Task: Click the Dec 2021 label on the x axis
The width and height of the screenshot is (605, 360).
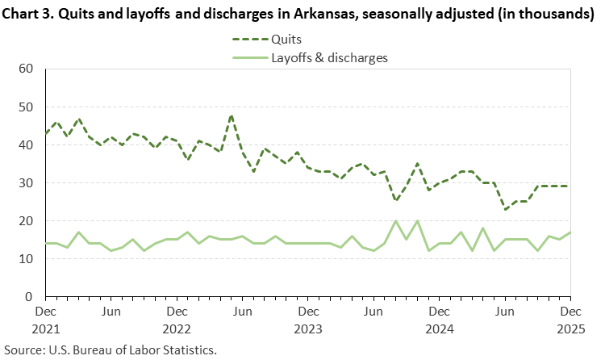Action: click(45, 319)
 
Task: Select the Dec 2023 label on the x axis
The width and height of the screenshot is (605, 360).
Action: click(307, 319)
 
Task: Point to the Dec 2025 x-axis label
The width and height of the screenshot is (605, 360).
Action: click(570, 319)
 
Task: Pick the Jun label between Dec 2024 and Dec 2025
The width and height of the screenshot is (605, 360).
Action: click(505, 310)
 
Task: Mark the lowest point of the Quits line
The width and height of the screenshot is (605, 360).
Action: click(505, 210)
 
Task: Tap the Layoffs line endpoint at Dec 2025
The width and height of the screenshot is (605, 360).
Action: click(570, 232)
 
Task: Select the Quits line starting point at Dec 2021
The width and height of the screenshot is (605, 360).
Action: click(45, 133)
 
